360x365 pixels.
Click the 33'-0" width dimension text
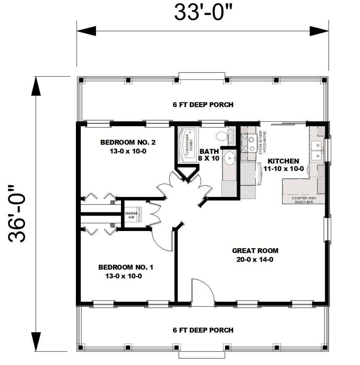click(203, 13)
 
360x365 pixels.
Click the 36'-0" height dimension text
click(18, 214)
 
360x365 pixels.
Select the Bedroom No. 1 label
click(125, 271)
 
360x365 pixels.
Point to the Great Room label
click(255, 255)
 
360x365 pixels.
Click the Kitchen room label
click(283, 165)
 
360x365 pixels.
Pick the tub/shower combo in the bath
click(188, 145)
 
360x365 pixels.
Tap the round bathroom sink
click(230, 158)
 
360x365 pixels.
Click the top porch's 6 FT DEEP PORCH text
click(203, 104)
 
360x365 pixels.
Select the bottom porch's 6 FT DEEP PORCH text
click(203, 330)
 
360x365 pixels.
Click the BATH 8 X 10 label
click(210, 155)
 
